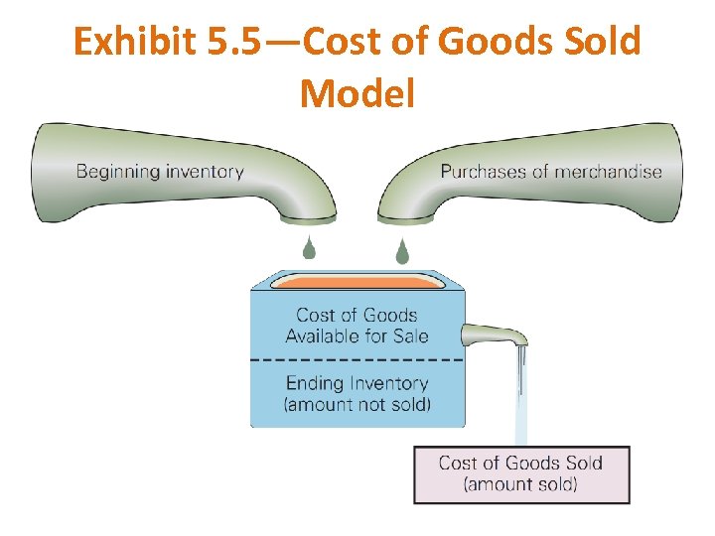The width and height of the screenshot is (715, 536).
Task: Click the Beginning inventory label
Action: [160, 171]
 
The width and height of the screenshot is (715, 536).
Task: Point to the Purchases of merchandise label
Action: [551, 171]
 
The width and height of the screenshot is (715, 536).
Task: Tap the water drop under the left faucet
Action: [309, 248]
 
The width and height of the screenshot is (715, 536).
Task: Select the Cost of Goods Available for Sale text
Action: [357, 326]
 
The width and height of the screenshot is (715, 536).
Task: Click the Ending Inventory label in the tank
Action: [357, 383]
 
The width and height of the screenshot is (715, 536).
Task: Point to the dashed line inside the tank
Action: [357, 357]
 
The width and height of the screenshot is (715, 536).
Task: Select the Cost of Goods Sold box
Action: [520, 474]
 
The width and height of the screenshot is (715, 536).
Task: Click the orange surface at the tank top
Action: [357, 283]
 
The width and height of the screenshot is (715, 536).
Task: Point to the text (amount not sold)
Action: [357, 404]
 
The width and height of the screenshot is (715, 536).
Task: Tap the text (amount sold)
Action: [520, 484]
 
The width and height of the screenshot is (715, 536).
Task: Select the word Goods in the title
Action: [482, 43]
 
